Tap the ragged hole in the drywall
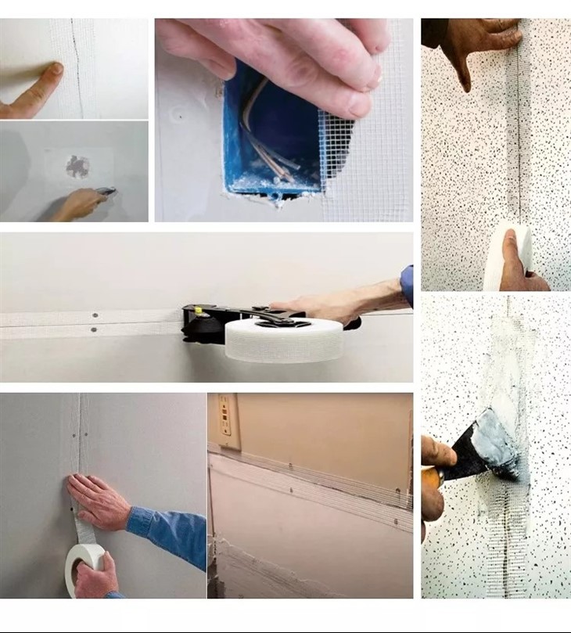pyautogui.click(x=77, y=166)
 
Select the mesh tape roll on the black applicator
pyautogui.click(x=284, y=340)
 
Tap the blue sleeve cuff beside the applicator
pyautogui.click(x=407, y=286)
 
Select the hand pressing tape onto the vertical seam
pyautogui.click(x=98, y=501)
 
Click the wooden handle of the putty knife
pyautogui.click(x=433, y=477)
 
